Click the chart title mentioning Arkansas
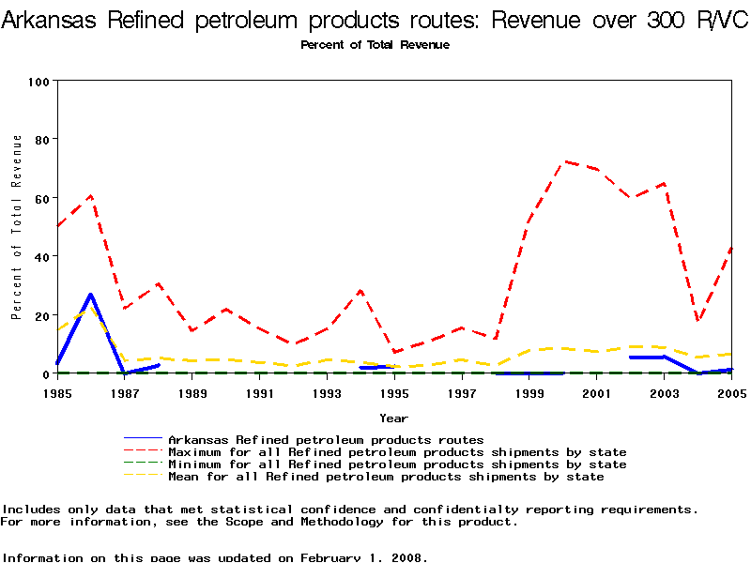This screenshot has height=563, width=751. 375,21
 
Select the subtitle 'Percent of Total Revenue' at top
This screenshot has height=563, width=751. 375,45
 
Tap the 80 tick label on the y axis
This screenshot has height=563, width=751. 41,139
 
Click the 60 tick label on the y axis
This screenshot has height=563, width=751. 41,198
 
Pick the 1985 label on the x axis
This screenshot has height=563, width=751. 57,392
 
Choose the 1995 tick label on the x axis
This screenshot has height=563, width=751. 394,392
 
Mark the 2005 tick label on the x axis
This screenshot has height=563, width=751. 731,392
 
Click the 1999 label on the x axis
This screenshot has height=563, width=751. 529,392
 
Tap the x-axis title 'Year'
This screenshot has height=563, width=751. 393,418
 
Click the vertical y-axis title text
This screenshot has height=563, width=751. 16,227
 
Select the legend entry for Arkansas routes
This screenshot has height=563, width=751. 325,439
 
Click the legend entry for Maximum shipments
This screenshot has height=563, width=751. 396,451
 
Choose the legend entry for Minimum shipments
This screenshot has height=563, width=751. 396,464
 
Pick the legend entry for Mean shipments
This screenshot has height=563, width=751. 385,477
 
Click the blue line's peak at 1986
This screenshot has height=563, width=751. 91,295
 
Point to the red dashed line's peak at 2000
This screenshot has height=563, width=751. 563,161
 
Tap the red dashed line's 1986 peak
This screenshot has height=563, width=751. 91,195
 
